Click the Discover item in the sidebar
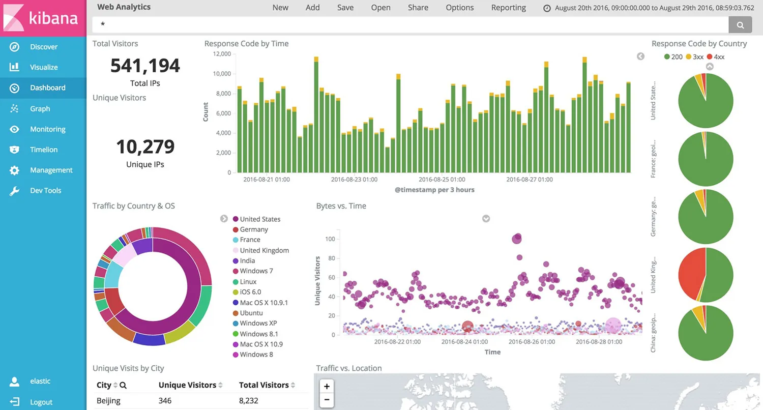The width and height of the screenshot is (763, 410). [43, 47]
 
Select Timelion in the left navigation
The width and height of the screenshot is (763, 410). [43, 150]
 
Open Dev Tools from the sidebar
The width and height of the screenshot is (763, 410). [45, 190]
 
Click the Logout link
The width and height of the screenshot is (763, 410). [41, 402]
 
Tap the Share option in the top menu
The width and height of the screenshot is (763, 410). [418, 8]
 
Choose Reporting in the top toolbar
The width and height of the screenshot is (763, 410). [508, 8]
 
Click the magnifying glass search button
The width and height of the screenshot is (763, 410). [740, 24]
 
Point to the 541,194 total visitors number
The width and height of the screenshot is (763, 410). [145, 66]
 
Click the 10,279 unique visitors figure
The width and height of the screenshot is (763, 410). [145, 147]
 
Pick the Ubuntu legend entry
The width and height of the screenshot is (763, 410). [251, 313]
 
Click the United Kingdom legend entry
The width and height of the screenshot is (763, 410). [263, 250]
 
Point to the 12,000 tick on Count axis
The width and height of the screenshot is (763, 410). [221, 54]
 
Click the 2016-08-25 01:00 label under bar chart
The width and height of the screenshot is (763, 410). [442, 180]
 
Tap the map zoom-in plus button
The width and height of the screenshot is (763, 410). [327, 386]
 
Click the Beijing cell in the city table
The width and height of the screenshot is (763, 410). [108, 400]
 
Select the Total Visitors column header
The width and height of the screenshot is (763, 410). [263, 385]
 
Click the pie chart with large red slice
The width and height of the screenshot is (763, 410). [706, 275]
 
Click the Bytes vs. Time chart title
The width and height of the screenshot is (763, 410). [341, 206]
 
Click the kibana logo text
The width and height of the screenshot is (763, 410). [53, 18]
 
